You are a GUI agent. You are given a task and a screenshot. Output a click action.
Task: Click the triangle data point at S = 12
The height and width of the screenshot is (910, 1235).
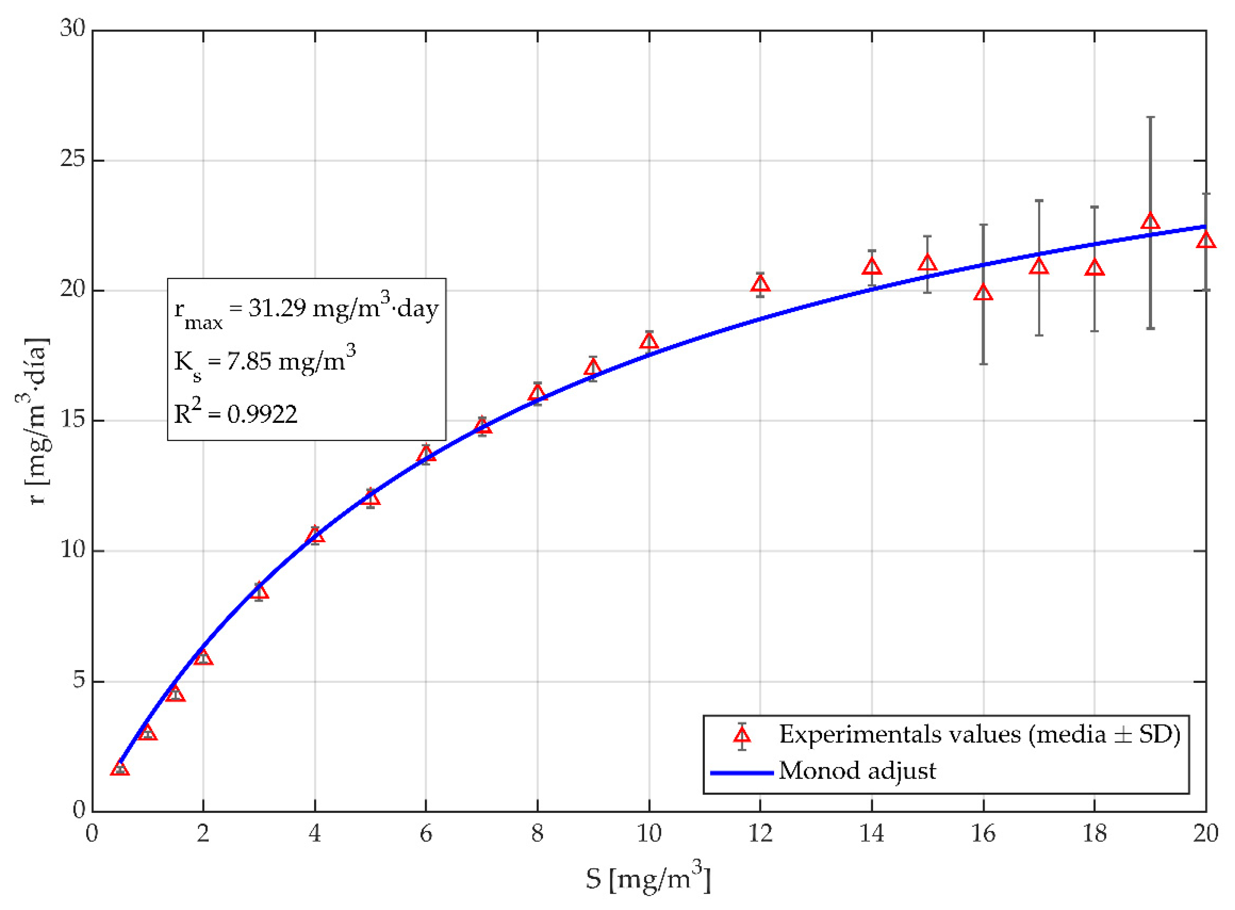point(760,285)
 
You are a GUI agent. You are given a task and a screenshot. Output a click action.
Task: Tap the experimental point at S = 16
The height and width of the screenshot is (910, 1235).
point(983,293)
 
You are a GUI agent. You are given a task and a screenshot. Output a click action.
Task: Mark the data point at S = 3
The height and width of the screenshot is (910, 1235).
point(259,592)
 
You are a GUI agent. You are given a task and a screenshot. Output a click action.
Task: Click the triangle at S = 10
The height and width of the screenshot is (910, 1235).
point(649,342)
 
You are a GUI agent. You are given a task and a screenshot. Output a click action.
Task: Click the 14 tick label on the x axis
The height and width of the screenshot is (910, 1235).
point(872,833)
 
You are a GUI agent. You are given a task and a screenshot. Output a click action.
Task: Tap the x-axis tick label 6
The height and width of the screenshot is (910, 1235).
point(426,833)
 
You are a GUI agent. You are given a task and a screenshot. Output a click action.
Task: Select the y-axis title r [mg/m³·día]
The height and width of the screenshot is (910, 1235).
point(34,421)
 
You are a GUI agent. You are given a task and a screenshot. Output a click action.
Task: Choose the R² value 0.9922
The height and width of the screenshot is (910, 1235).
point(262,414)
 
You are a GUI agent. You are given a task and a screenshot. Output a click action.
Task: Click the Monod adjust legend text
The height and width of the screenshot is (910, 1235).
point(857,770)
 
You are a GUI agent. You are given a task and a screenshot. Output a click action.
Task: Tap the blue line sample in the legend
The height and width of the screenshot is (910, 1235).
point(742,773)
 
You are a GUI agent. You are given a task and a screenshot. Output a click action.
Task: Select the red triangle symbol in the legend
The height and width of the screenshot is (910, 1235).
point(742,735)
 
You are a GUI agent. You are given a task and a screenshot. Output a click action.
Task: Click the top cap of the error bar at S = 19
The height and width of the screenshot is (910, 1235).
point(1150,117)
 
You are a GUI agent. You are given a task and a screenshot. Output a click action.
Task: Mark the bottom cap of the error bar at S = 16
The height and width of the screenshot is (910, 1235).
point(983,364)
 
